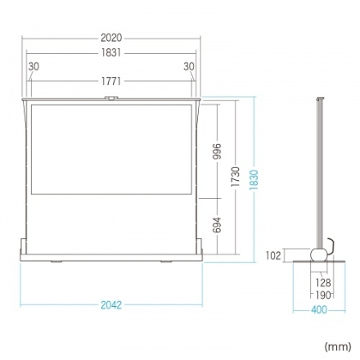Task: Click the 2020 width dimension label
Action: (x=111, y=38)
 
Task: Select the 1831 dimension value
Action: (x=111, y=52)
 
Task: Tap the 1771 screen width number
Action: (x=111, y=81)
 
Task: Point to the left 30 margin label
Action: (x=34, y=66)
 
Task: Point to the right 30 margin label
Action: (x=189, y=66)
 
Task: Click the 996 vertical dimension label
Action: (x=217, y=151)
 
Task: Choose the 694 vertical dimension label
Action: (x=217, y=225)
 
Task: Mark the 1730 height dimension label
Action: (x=235, y=177)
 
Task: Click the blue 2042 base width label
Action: (x=111, y=305)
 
